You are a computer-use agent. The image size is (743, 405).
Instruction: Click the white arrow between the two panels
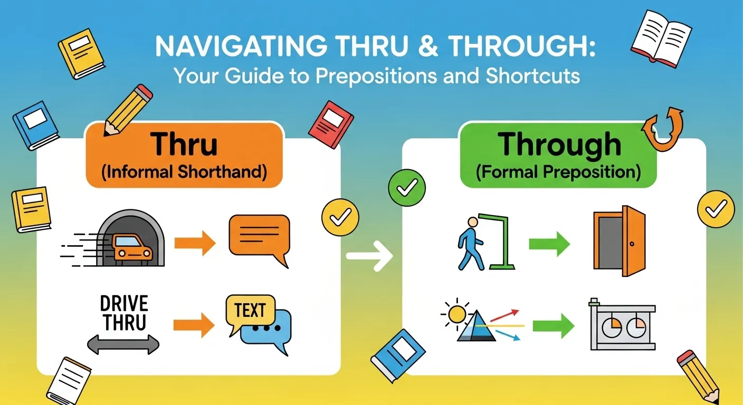click(x=370, y=256)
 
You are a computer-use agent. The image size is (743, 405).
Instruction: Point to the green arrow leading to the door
click(x=550, y=244)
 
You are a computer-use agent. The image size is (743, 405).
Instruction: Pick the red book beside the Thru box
click(x=331, y=124)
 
